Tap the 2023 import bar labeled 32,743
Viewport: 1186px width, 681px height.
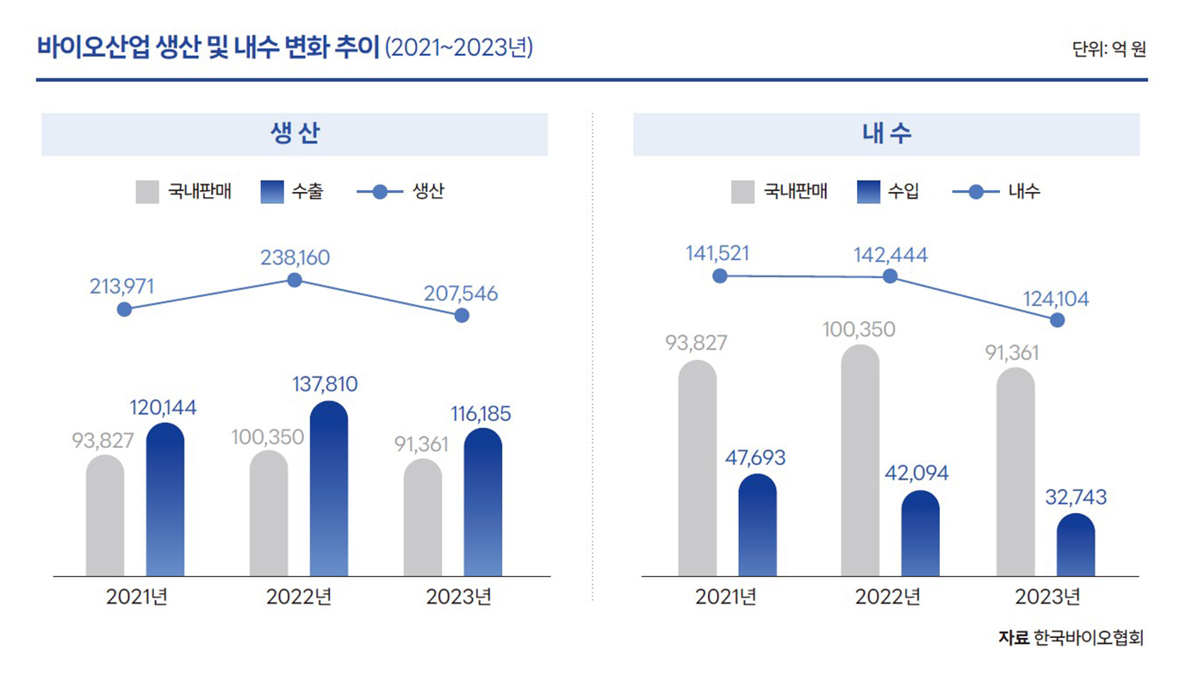tap(1076, 546)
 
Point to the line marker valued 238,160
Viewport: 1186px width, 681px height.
tap(295, 280)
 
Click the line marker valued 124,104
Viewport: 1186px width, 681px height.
tap(1058, 320)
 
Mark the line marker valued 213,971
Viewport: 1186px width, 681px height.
tap(124, 309)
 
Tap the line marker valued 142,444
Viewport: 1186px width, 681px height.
tap(891, 276)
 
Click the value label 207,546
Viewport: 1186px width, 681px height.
tap(461, 294)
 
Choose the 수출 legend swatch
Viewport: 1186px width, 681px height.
tap(272, 192)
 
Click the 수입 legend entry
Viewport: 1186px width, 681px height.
tap(888, 192)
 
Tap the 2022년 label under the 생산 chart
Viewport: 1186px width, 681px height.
tap(299, 597)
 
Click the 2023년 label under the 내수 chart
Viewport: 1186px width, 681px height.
tap(1046, 597)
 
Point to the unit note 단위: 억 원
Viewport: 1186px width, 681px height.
tap(1108, 49)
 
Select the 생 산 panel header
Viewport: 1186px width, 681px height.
tap(295, 134)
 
